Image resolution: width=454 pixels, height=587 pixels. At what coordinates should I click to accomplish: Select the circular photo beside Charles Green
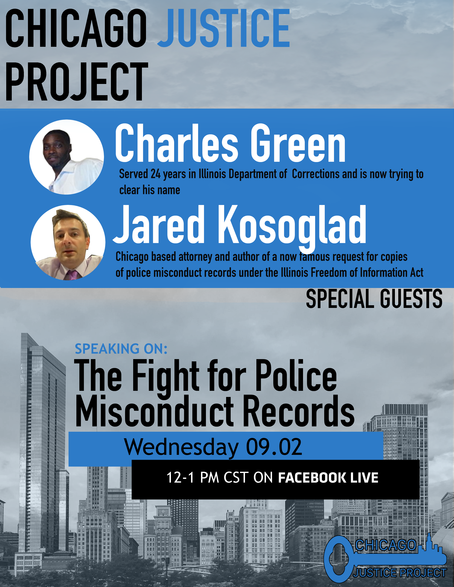(66, 157)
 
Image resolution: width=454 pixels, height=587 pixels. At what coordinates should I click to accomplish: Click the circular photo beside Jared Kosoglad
(68, 242)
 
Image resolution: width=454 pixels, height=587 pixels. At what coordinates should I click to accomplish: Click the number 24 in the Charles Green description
(155, 174)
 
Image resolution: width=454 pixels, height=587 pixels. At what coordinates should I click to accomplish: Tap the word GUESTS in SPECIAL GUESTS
(411, 299)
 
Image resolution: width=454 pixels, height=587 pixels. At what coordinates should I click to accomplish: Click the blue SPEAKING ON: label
(121, 349)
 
